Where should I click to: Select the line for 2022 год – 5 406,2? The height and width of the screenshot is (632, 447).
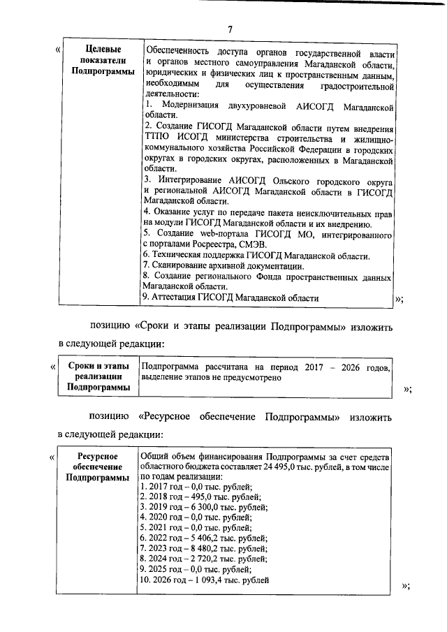coord(204,538)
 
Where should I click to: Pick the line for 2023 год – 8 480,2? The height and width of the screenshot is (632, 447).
coord(204,549)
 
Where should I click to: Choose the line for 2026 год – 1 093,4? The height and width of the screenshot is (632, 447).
coord(205,580)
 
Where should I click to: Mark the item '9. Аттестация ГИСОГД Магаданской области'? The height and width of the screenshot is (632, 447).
coord(230,297)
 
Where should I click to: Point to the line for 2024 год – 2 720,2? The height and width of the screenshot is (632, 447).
coord(204,559)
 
